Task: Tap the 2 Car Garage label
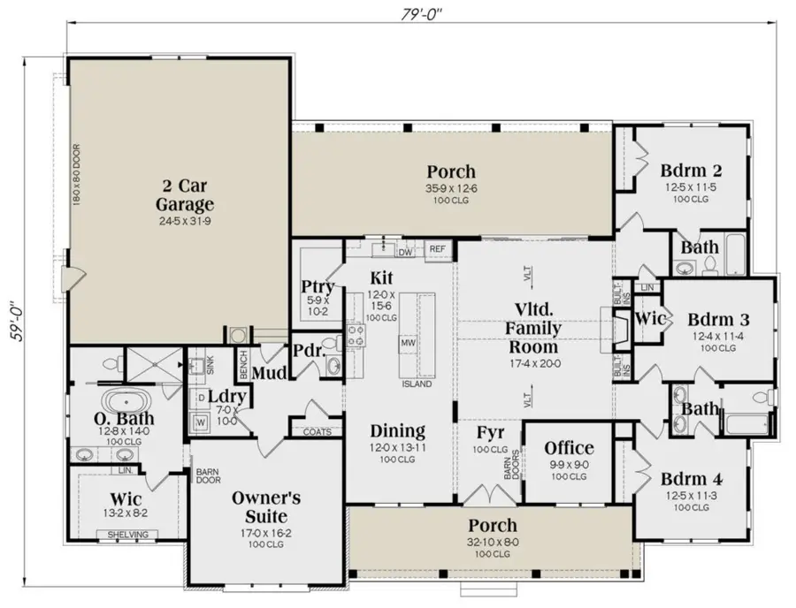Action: (x=185, y=195)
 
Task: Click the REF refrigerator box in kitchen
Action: (x=438, y=250)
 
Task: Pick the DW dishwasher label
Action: (x=405, y=253)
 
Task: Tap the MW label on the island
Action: (x=409, y=342)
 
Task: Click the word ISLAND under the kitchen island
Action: (x=417, y=384)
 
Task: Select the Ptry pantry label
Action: (x=317, y=286)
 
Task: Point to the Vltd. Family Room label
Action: (x=533, y=329)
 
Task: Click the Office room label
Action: (x=569, y=448)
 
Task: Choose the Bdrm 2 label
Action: (x=686, y=171)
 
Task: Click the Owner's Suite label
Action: (x=266, y=505)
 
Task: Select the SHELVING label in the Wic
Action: (x=127, y=535)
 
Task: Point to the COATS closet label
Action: (x=317, y=432)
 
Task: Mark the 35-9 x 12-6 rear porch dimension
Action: (x=451, y=187)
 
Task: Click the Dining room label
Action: (x=397, y=431)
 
